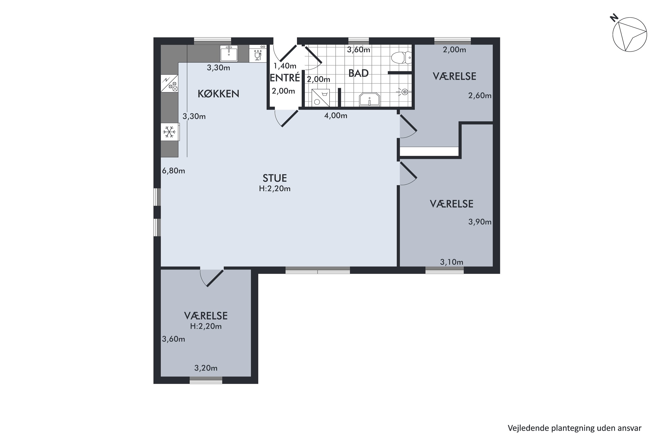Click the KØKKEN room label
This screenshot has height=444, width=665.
tap(218, 94)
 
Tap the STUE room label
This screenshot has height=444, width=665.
tap(275, 178)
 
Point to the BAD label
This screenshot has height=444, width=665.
tap(358, 73)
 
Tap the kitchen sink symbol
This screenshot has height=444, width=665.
tap(229, 54)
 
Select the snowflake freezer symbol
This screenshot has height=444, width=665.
tap(169, 132)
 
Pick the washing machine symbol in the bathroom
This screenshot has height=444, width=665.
tap(320, 98)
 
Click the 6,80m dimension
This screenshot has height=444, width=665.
tap(173, 171)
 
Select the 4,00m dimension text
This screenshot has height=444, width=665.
tap(336, 115)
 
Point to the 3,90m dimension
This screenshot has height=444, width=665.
tap(480, 222)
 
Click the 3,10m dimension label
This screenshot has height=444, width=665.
tap(452, 262)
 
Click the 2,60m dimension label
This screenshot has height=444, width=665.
tap(480, 96)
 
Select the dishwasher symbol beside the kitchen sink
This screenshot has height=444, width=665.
tap(258, 54)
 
